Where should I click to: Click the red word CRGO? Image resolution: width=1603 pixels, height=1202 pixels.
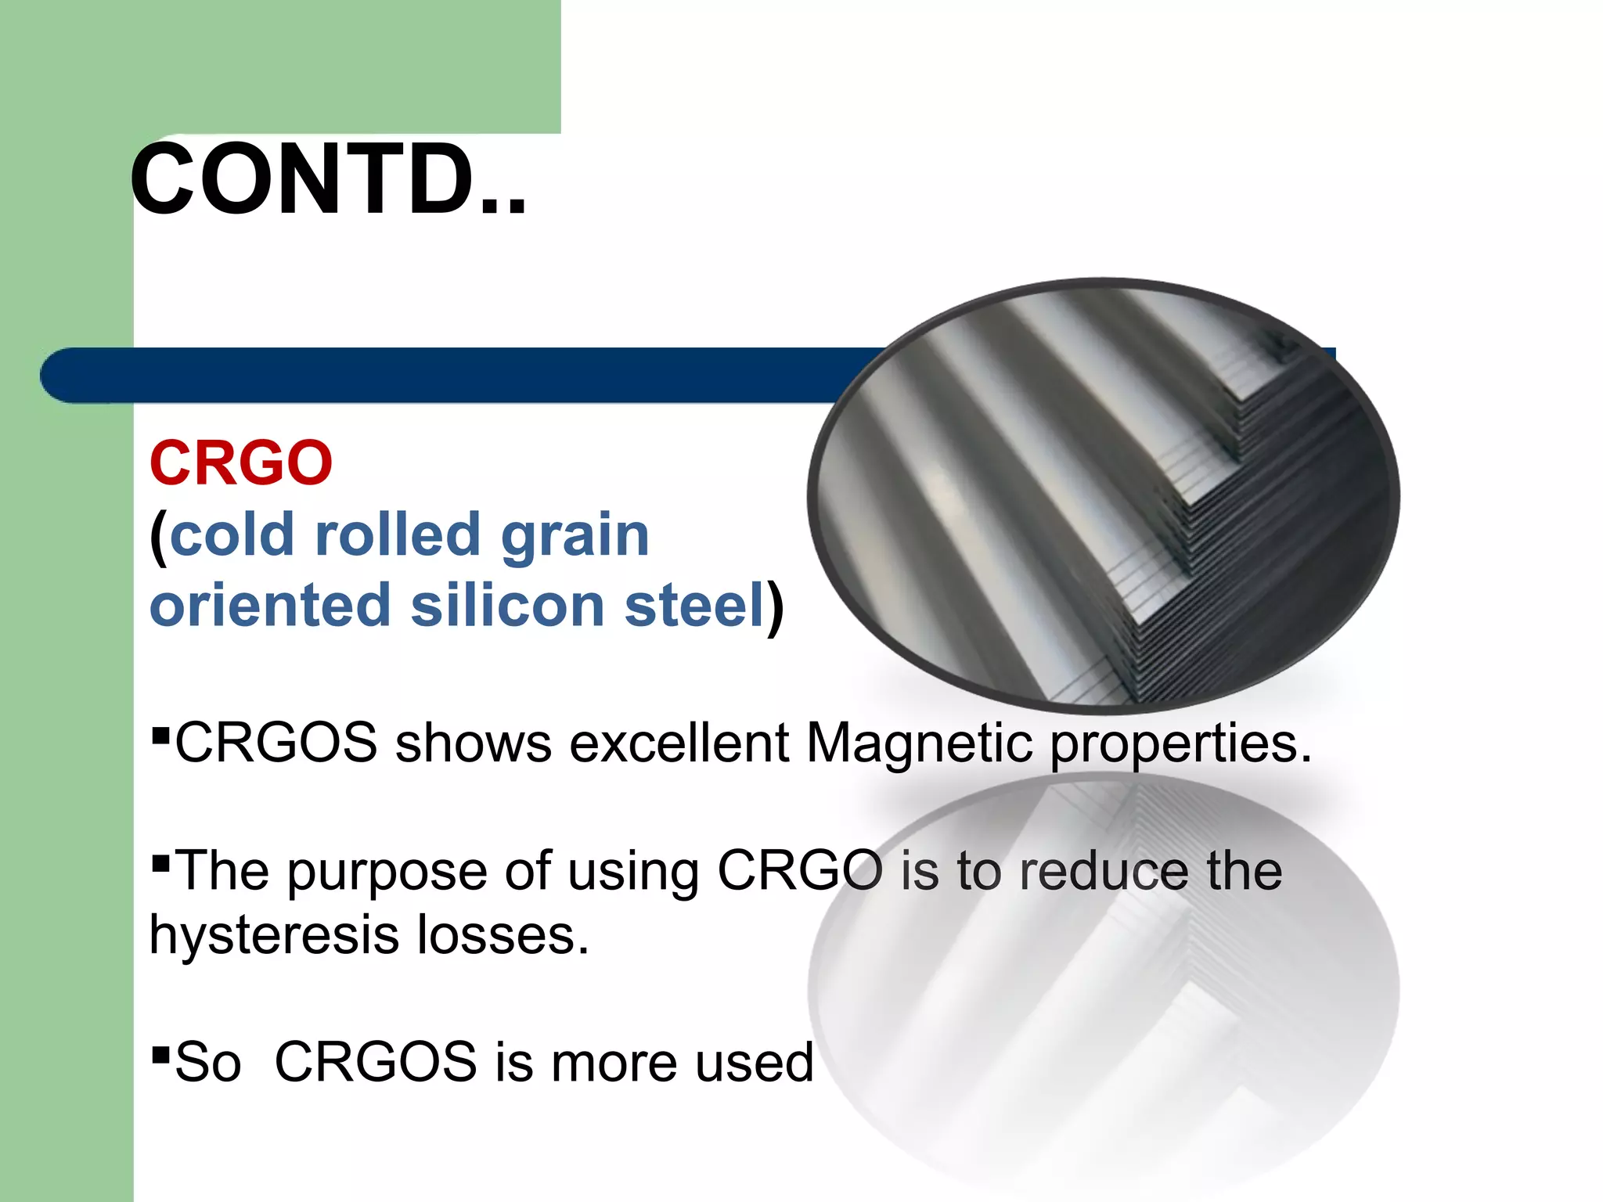(x=241, y=463)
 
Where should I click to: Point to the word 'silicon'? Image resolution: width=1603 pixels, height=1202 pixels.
(x=508, y=606)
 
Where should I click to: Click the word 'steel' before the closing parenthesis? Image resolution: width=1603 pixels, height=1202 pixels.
(x=693, y=606)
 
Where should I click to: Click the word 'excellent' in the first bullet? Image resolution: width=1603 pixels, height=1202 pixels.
(x=679, y=742)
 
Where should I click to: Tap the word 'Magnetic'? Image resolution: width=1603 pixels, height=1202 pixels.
(x=918, y=743)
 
